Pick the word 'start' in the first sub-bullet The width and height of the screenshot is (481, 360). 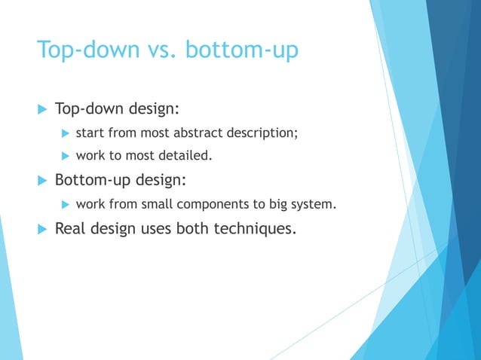pos(90,134)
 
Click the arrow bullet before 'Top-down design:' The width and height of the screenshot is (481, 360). pos(41,111)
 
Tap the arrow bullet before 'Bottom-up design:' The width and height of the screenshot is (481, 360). pos(41,181)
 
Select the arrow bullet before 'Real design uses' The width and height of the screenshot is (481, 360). pos(41,228)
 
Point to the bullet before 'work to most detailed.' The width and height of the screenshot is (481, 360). pos(65,157)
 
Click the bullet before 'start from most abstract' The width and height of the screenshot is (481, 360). pos(65,135)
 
